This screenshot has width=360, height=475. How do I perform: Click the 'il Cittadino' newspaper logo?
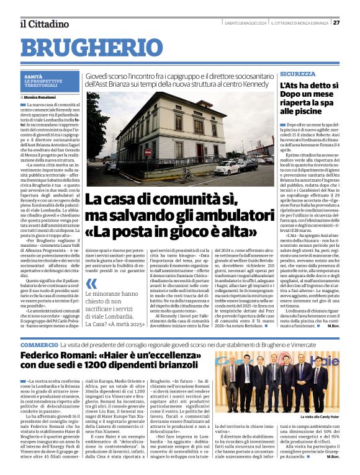[x=43, y=24]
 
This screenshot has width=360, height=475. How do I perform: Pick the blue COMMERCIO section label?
[x=39, y=344]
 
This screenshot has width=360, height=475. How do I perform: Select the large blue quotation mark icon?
[x=92, y=284]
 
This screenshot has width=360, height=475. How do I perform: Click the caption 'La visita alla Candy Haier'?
[x=321, y=417]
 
